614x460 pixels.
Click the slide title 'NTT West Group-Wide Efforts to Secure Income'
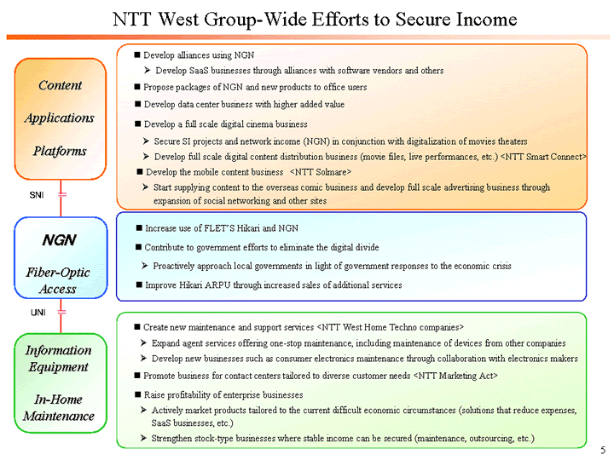tap(315, 19)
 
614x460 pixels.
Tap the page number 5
tap(602, 450)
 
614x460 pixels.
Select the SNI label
tap(37, 196)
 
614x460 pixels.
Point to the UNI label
tap(38, 313)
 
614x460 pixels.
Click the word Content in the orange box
tap(60, 85)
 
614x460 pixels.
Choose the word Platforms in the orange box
tap(60, 151)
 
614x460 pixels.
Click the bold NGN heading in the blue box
tap(60, 240)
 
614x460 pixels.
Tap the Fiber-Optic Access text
tap(60, 280)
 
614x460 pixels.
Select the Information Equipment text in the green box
tap(58, 359)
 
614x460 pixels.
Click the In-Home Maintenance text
tap(58, 407)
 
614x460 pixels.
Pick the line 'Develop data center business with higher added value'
tap(244, 104)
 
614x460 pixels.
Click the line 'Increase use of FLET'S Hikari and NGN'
tap(222, 228)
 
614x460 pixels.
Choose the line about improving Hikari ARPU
tap(274, 285)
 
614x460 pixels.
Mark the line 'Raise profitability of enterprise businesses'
tap(223, 394)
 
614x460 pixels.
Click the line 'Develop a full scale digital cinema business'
tap(225, 124)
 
